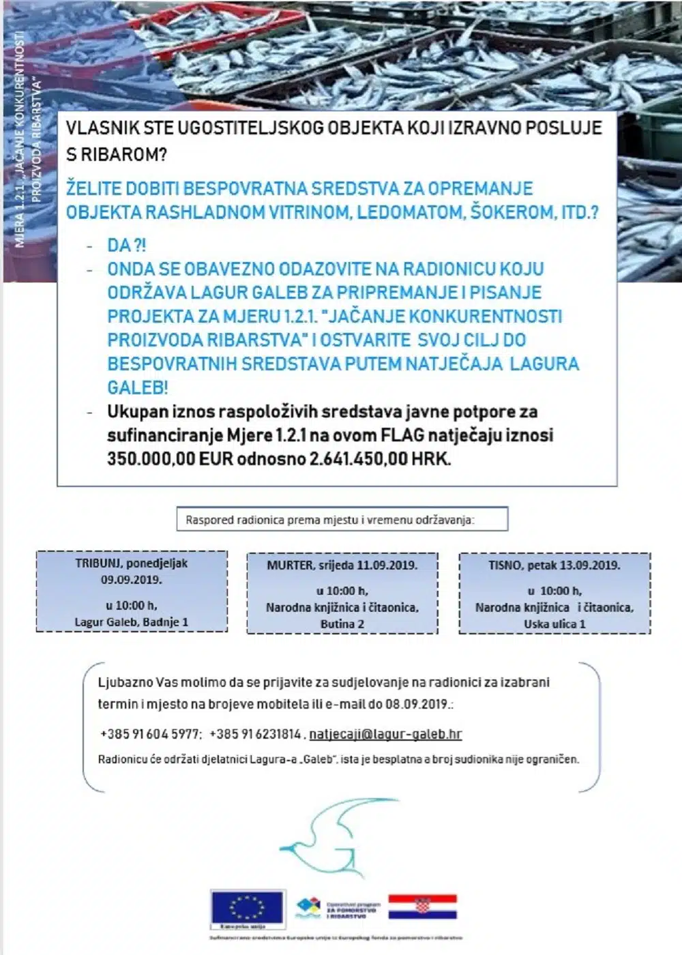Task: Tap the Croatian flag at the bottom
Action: (422, 907)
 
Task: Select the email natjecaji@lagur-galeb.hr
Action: (385, 734)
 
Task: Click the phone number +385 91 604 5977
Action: (150, 734)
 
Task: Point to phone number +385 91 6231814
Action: (255, 734)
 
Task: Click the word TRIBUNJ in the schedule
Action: (98, 563)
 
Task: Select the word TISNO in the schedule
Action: (503, 565)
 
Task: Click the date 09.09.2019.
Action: (132, 580)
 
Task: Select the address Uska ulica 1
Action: (554, 623)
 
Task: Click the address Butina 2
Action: (342, 623)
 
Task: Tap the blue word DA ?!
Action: (126, 245)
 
